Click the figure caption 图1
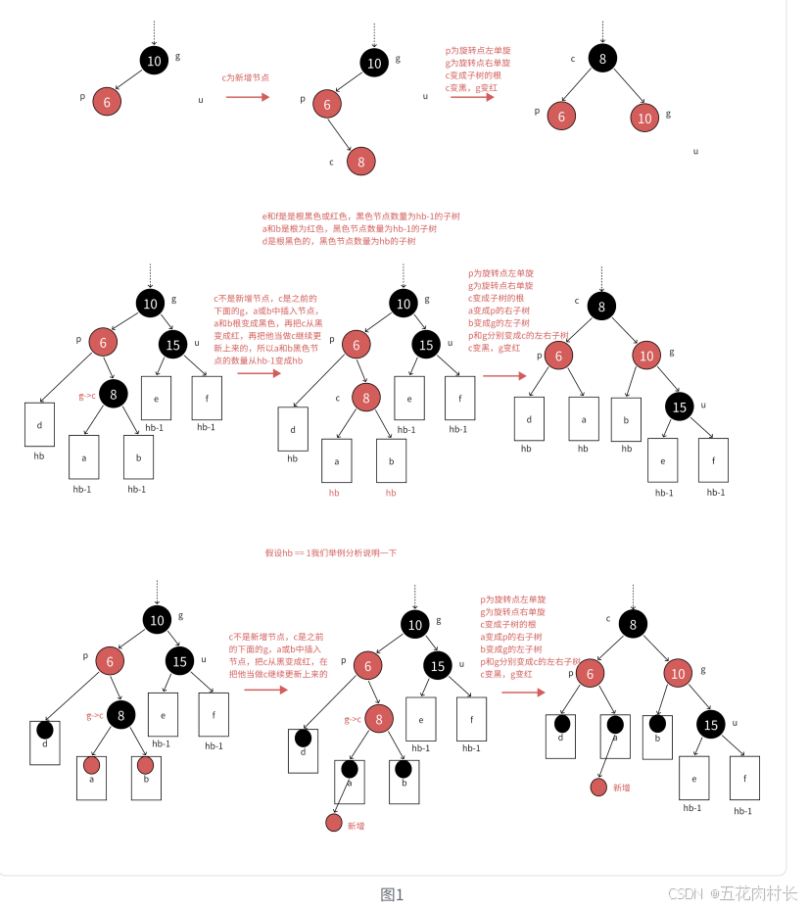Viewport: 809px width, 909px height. [x=392, y=893]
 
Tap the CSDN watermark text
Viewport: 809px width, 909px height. [x=733, y=893]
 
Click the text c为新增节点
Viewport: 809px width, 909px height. [x=246, y=76]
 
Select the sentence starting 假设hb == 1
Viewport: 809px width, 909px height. [x=331, y=552]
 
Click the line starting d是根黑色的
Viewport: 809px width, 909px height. [x=339, y=240]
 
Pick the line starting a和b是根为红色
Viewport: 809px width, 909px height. [x=350, y=228]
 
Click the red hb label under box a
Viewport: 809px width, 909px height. [x=336, y=493]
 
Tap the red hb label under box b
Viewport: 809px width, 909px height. [x=391, y=493]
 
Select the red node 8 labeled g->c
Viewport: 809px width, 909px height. [x=380, y=719]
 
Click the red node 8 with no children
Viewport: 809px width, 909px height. [x=360, y=161]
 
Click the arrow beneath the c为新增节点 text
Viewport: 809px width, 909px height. [x=247, y=97]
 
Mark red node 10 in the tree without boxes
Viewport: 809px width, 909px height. [x=644, y=118]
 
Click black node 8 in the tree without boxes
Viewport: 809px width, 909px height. [x=602, y=58]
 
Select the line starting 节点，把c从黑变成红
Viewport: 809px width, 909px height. [x=277, y=661]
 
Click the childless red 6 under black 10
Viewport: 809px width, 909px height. [x=107, y=100]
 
